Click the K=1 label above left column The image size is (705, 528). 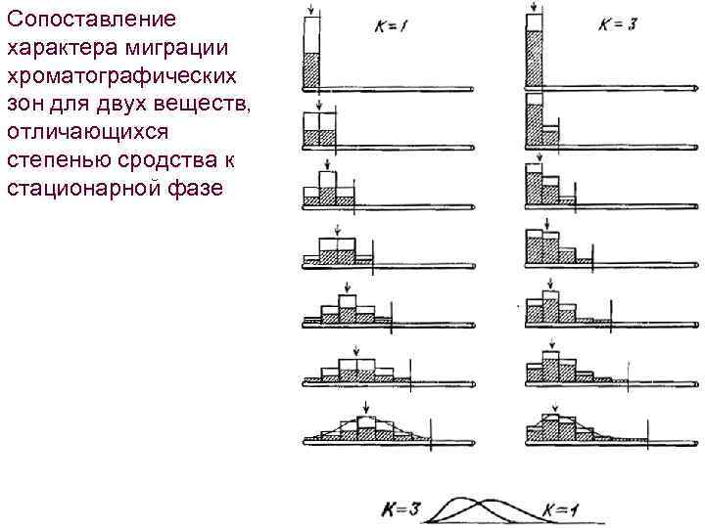pos(386,26)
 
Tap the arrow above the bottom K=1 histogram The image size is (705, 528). pos(364,408)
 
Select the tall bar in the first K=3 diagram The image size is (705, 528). pos(534,54)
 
